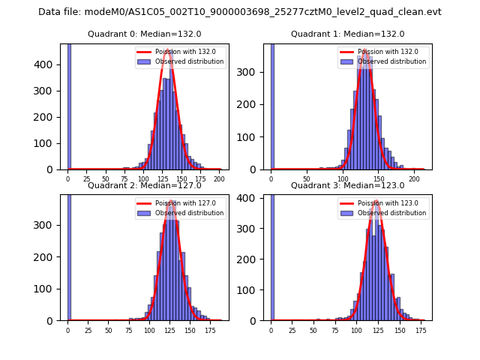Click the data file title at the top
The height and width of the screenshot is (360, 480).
(x=240, y=12)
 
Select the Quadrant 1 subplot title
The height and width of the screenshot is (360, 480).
(x=347, y=34)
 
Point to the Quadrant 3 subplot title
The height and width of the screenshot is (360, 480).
(x=347, y=185)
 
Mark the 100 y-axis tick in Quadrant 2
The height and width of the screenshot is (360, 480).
(x=50, y=289)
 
